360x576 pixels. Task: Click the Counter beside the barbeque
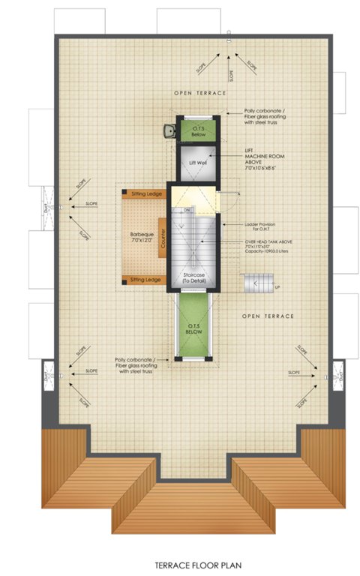(161, 238)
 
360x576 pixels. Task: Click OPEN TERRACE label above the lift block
(199, 92)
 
